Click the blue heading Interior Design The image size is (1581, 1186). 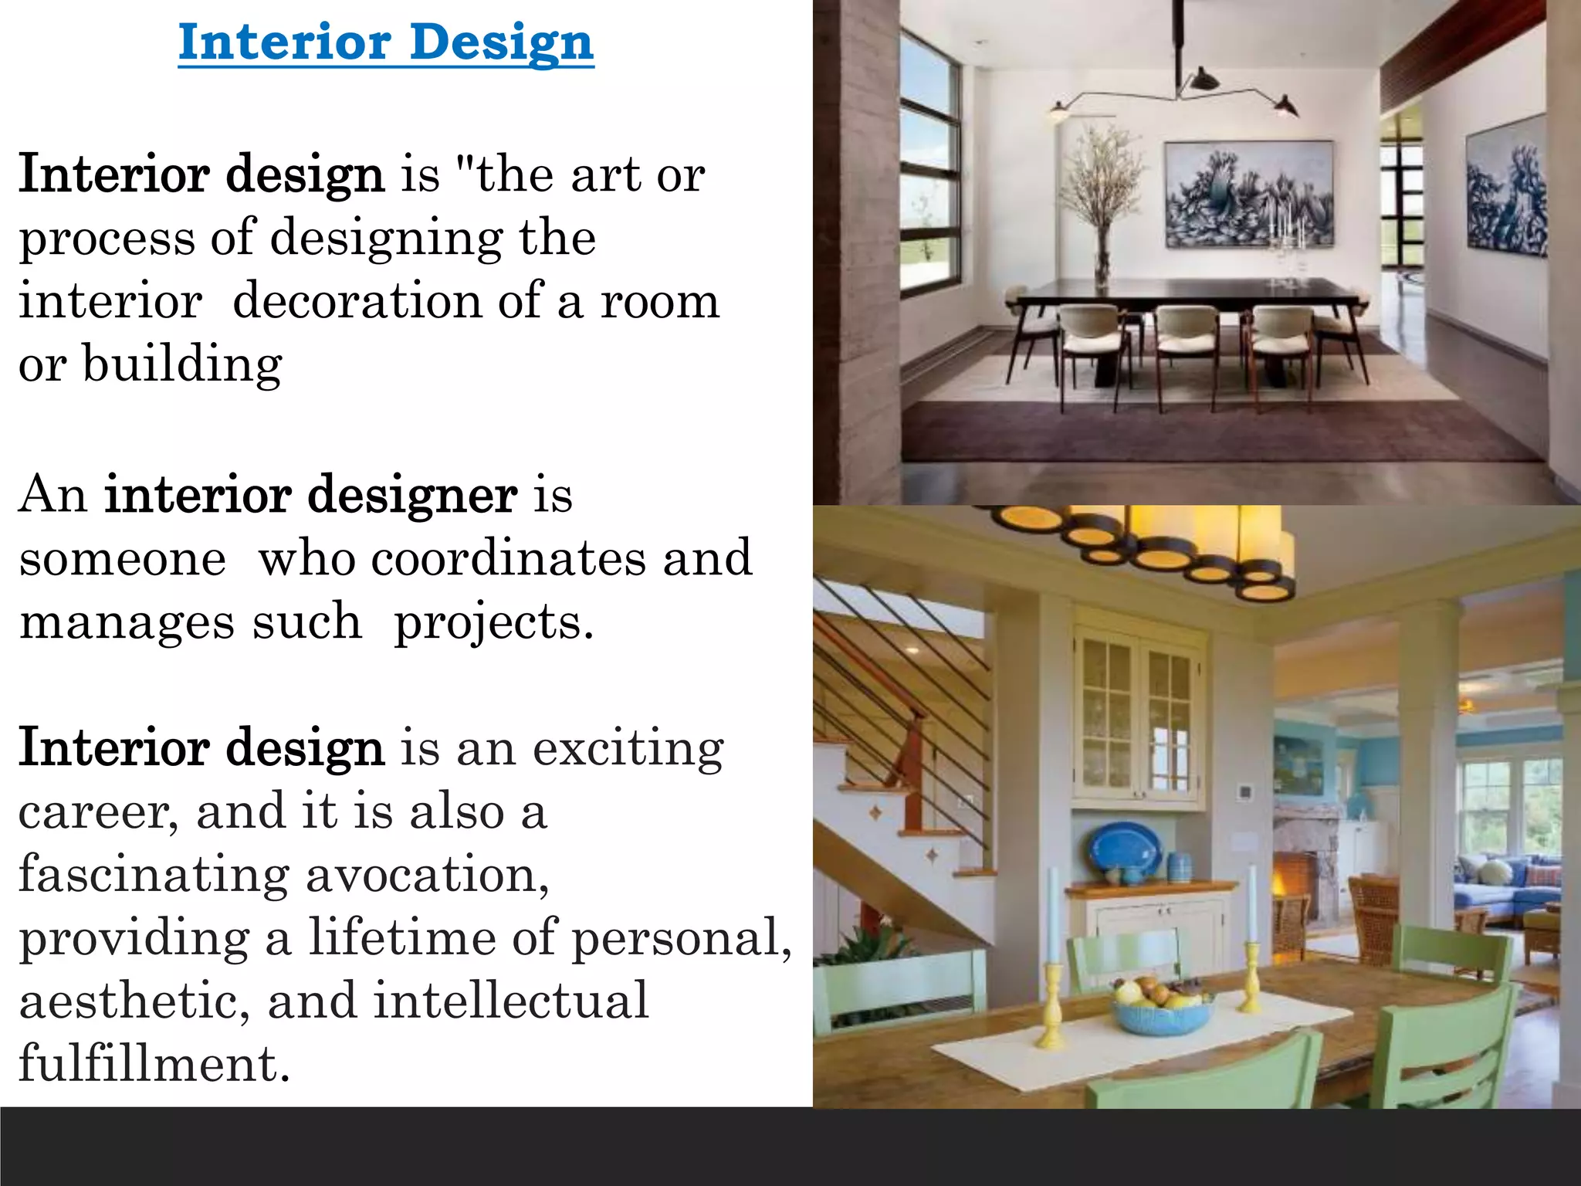386,42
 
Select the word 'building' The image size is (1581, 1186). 182,364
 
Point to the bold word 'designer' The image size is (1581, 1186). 412,495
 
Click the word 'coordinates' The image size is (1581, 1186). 508,558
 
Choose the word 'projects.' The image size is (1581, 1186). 494,623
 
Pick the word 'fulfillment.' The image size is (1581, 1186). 154,1065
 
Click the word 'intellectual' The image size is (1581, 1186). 511,1001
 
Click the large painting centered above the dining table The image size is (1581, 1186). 1248,195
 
